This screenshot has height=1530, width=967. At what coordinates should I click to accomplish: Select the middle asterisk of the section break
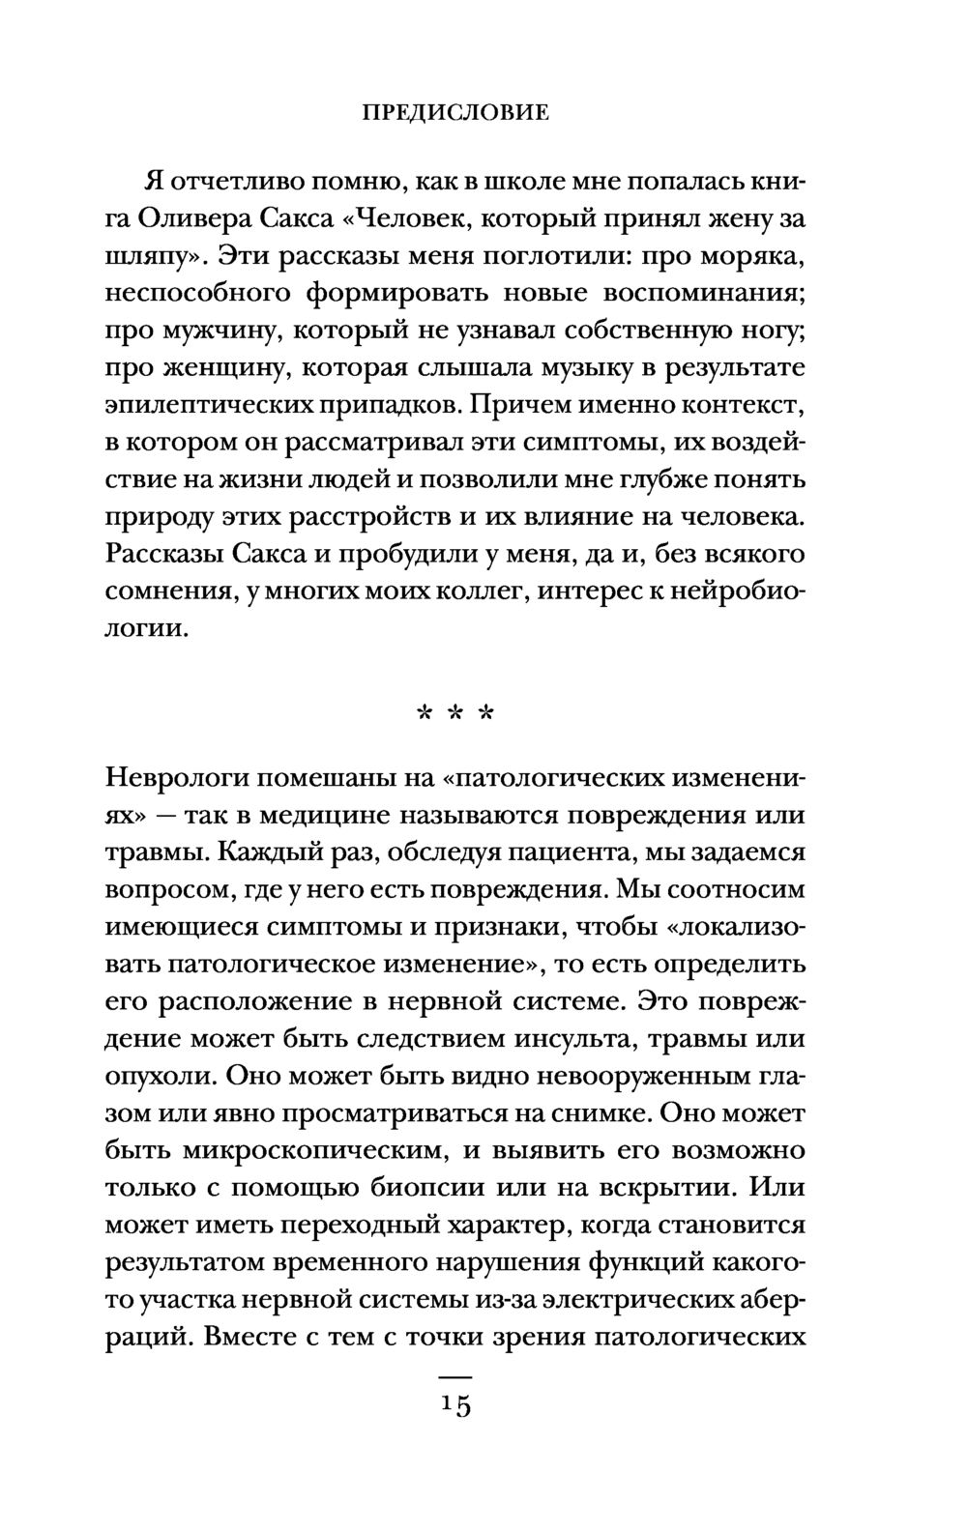click(454, 716)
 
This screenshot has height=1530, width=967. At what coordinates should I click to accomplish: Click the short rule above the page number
click(454, 1374)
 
